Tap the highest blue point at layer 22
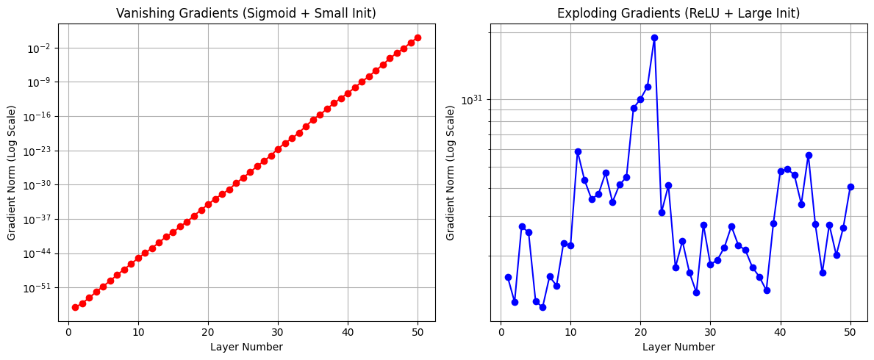pyautogui.click(x=654, y=37)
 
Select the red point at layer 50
pyautogui.click(x=418, y=37)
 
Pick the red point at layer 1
pyautogui.click(x=75, y=307)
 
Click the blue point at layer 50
pyautogui.click(x=850, y=187)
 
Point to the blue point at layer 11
pyautogui.click(x=578, y=151)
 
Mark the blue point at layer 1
pyautogui.click(x=508, y=277)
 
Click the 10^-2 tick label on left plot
pyautogui.click(x=40, y=48)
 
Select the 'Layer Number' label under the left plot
pyautogui.click(x=246, y=347)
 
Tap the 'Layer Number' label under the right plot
pyautogui.click(x=678, y=347)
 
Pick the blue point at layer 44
pyautogui.click(x=809, y=155)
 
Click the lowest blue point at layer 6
pyautogui.click(x=542, y=307)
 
